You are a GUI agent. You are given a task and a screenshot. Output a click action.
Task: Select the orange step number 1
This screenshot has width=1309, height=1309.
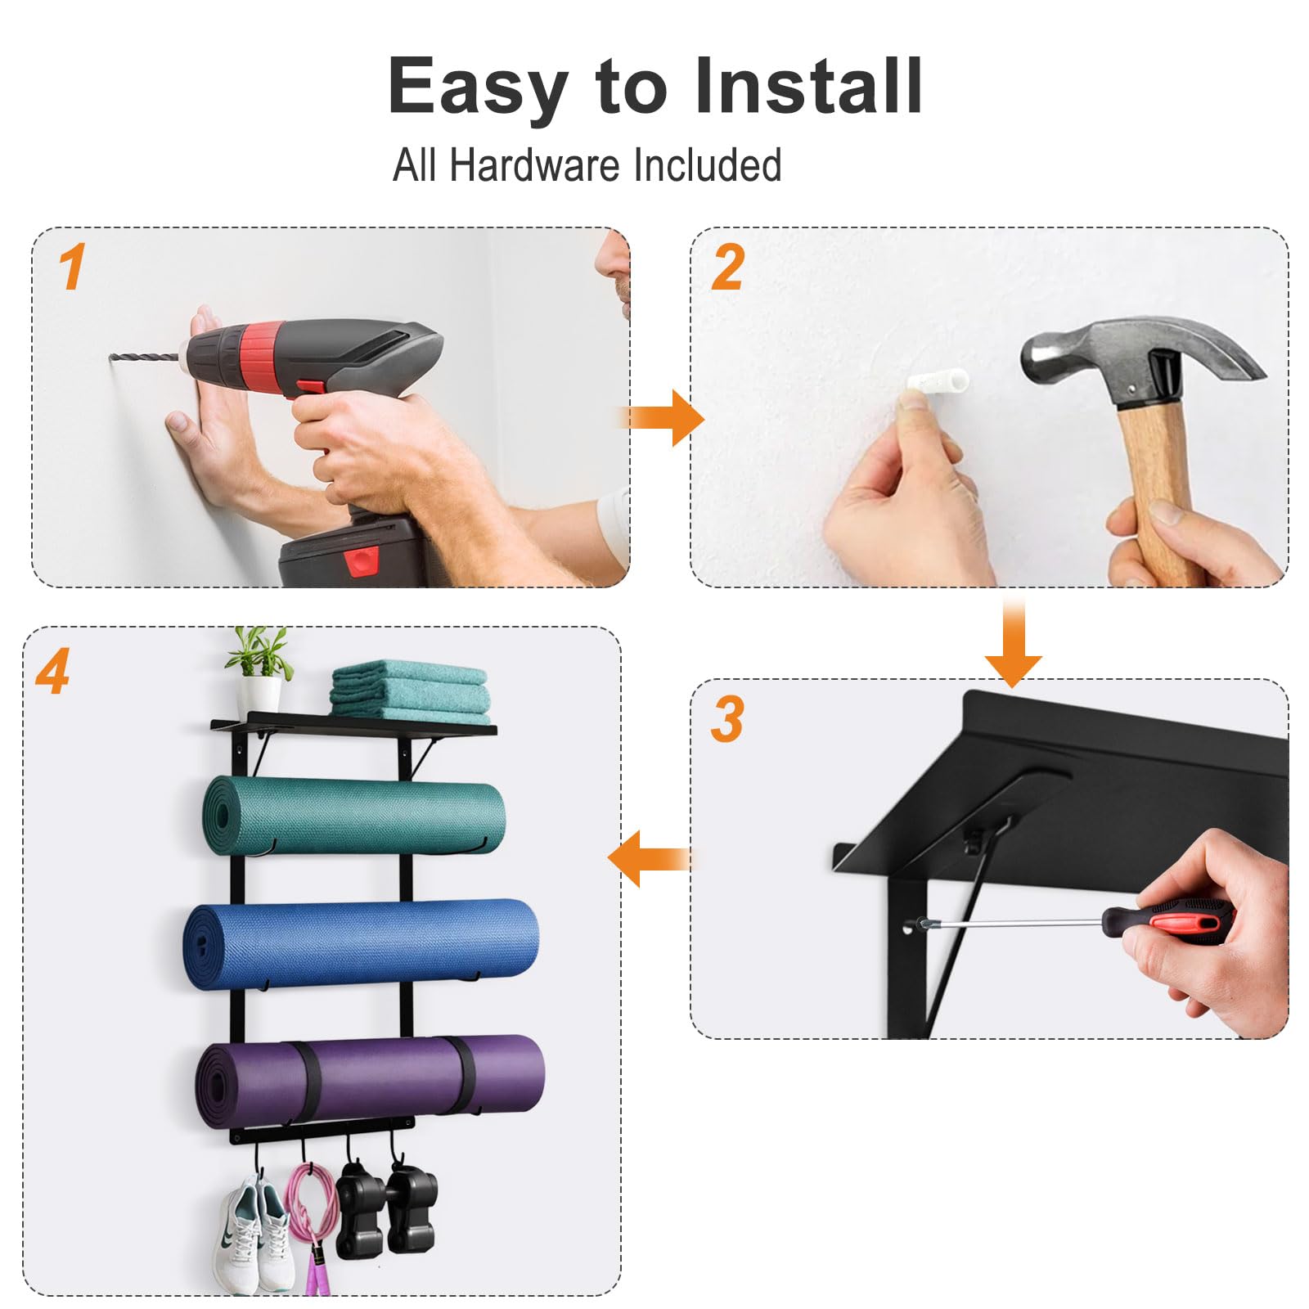72,267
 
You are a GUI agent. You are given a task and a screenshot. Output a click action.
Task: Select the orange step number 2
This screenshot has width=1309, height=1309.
727,268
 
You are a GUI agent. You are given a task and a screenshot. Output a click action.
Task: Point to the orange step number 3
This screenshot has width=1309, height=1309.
726,719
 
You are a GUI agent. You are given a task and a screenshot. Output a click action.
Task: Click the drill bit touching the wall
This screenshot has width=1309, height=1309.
144,358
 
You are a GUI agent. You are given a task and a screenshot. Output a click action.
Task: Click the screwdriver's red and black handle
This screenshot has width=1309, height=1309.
1166,920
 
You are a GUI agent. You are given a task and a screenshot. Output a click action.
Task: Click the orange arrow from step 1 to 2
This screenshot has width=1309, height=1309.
661,417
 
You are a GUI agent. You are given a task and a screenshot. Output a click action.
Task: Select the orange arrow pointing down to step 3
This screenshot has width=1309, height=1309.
1013,642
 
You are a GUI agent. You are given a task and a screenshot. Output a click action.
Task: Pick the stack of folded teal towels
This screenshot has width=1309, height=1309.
410,691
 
